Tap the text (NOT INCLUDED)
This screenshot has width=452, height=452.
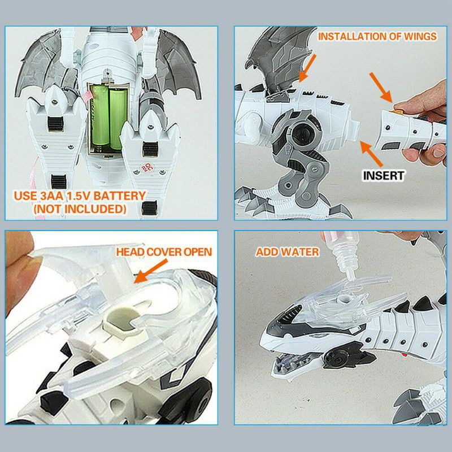[80, 209]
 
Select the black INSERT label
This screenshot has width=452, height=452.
[383, 176]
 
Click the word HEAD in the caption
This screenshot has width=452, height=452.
[130, 252]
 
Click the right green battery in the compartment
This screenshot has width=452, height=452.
[118, 119]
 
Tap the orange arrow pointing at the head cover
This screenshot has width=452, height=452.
[150, 271]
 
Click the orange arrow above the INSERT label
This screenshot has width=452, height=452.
[372, 154]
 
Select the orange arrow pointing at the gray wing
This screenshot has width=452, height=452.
[307, 68]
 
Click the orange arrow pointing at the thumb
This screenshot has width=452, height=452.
[381, 88]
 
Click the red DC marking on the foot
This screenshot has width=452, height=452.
[147, 168]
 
